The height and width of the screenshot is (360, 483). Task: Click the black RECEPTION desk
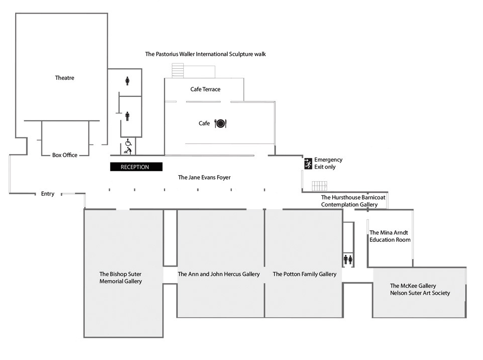(x=136, y=167)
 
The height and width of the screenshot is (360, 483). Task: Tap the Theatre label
(x=65, y=78)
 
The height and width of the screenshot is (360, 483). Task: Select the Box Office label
(x=65, y=155)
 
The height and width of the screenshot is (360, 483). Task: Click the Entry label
(x=47, y=194)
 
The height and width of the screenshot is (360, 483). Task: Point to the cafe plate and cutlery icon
(x=221, y=123)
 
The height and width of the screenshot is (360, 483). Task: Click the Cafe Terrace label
(x=205, y=89)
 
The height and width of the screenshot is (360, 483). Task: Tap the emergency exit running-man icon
(x=308, y=163)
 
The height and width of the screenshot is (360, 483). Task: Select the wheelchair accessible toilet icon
(x=128, y=142)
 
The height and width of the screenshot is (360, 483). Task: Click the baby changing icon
(x=128, y=150)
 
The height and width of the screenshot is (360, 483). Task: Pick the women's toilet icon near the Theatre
(x=127, y=81)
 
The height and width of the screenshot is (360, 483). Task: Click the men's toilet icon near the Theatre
(x=127, y=116)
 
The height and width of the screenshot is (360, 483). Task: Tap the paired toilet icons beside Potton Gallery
(x=348, y=259)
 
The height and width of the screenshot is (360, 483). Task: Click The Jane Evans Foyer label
(x=207, y=178)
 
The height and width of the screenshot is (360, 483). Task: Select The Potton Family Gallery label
(x=304, y=274)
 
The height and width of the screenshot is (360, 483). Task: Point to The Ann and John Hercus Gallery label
(x=219, y=274)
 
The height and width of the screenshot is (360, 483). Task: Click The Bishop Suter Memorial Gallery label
(x=121, y=278)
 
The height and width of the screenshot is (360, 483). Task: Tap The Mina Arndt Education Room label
(x=390, y=236)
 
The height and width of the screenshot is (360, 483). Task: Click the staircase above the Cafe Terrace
(x=178, y=70)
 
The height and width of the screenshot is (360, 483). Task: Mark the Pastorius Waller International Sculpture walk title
(x=205, y=54)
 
